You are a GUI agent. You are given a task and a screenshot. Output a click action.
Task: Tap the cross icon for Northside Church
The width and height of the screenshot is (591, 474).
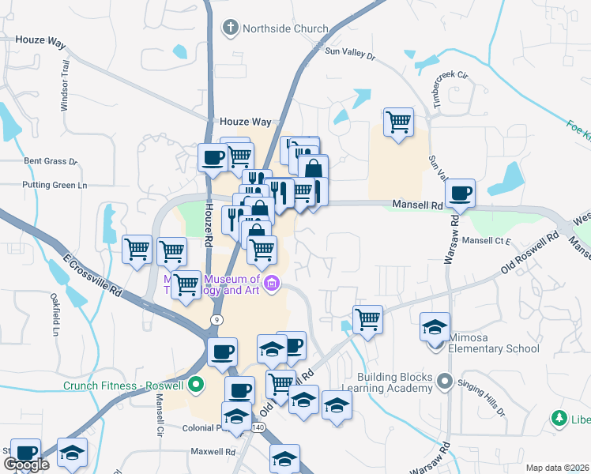pyautogui.click(x=231, y=28)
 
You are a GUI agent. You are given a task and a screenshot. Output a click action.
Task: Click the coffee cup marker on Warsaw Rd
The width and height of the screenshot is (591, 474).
pyautogui.click(x=460, y=192)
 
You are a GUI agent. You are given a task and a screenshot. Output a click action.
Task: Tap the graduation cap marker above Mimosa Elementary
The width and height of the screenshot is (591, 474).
pyautogui.click(x=435, y=327)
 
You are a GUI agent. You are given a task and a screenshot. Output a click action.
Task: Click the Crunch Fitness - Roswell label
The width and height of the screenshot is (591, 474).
pyautogui.click(x=124, y=386)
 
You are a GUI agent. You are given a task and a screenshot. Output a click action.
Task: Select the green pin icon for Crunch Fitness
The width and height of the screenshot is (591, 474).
pyautogui.click(x=197, y=386)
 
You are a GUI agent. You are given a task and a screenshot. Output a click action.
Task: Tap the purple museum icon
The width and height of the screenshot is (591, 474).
pyautogui.click(x=272, y=283)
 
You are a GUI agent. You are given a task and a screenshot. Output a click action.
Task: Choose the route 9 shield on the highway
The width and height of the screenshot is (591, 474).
pyautogui.click(x=215, y=318)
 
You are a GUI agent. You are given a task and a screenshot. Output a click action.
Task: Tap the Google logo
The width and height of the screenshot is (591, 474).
pyautogui.click(x=26, y=465)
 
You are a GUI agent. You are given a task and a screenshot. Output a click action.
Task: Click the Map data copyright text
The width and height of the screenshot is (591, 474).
pyautogui.click(x=557, y=467)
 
